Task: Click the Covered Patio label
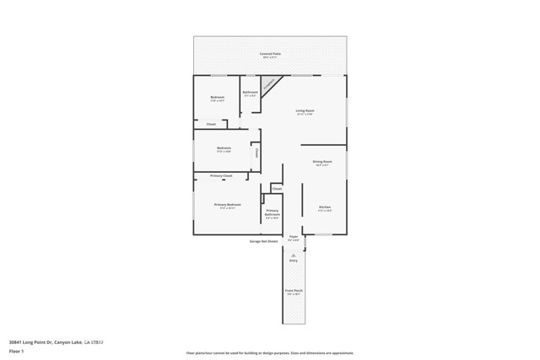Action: [271, 54]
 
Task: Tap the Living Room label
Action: [305, 111]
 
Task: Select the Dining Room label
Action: [322, 162]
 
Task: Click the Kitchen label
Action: [325, 207]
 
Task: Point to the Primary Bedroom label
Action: [227, 205]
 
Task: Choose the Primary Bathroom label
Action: [273, 212]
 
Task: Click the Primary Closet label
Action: [222, 175]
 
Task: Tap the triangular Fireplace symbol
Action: [268, 83]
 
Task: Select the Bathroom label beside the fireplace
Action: [251, 93]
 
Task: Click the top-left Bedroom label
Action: [218, 98]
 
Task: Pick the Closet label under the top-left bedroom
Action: [211, 124]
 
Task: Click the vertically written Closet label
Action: [256, 153]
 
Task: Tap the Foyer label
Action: [294, 237]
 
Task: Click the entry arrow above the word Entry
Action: [294, 255]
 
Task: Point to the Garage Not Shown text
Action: [263, 241]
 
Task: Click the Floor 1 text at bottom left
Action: [16, 351]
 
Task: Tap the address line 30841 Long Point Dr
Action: [56, 342]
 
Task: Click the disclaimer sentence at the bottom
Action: [270, 353]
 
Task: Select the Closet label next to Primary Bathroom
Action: [277, 189]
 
